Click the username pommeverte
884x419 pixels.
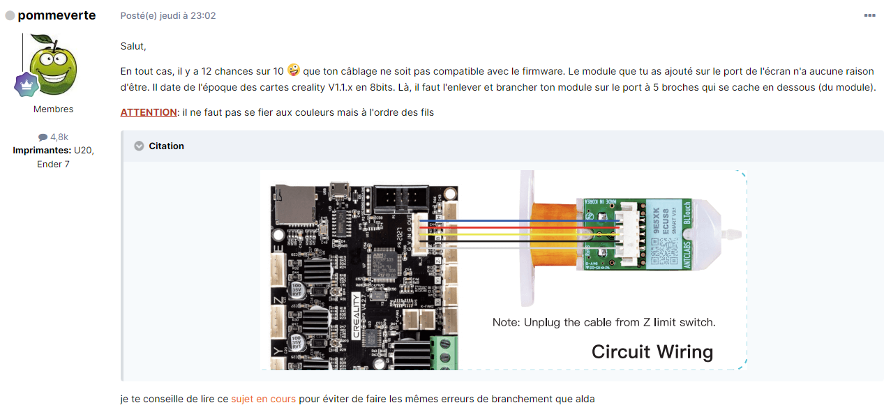(x=57, y=15)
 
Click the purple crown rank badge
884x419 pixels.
(x=26, y=84)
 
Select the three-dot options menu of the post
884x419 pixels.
(x=869, y=15)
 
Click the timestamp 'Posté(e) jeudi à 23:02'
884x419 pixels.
(x=168, y=15)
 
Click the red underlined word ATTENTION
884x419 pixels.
(x=149, y=112)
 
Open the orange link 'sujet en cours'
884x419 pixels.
(x=263, y=399)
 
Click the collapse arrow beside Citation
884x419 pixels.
(x=139, y=146)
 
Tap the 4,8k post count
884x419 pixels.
(x=54, y=137)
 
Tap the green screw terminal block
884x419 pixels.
(x=444, y=351)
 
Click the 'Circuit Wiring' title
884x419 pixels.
(x=652, y=351)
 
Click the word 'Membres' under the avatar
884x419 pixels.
(x=54, y=109)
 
